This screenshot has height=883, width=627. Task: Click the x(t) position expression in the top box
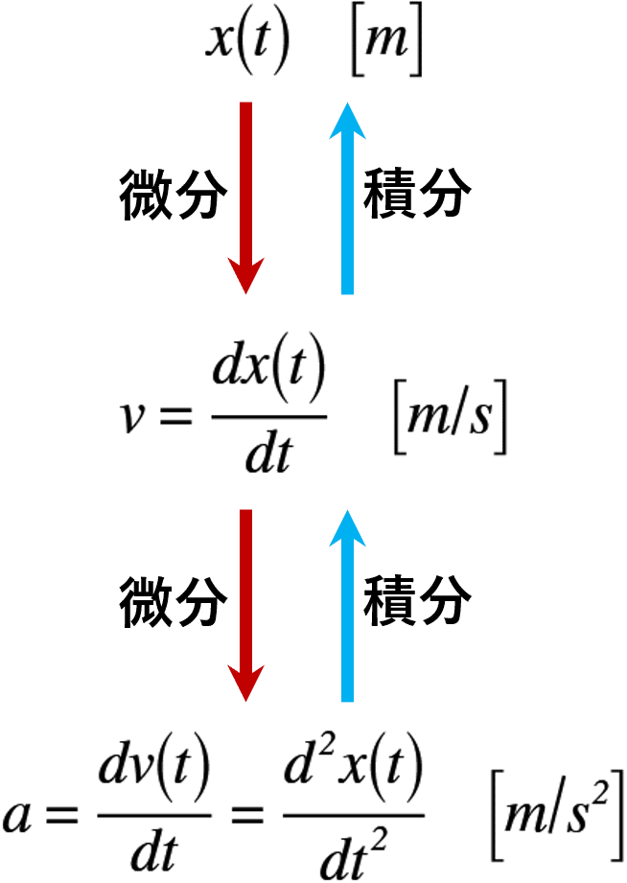pyautogui.click(x=247, y=43)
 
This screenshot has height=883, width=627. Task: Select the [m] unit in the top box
pyautogui.click(x=385, y=44)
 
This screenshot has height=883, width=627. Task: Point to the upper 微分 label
pyautogui.click(x=174, y=197)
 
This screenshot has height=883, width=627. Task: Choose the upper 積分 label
pyautogui.click(x=418, y=197)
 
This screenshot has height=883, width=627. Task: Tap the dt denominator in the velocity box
pyautogui.click(x=267, y=453)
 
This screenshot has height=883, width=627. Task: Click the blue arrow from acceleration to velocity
pyautogui.click(x=347, y=604)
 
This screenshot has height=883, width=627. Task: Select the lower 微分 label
pyautogui.click(x=174, y=603)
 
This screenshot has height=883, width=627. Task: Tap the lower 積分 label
pyautogui.click(x=418, y=603)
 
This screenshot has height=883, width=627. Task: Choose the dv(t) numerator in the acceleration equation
pyautogui.click(x=153, y=773)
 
